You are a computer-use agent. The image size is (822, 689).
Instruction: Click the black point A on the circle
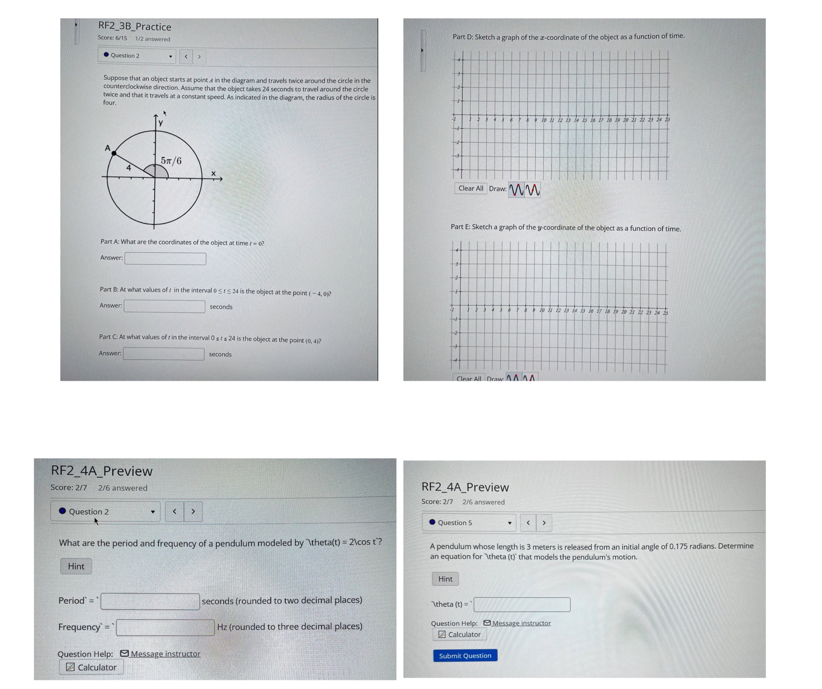(x=114, y=153)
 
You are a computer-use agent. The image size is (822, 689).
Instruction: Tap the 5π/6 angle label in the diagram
(x=171, y=161)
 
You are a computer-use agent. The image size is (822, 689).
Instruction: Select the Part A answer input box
(x=165, y=258)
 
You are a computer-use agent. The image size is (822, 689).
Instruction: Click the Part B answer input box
(x=164, y=306)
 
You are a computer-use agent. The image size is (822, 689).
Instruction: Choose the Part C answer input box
(x=164, y=354)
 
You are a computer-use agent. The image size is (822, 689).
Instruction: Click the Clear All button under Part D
(x=471, y=188)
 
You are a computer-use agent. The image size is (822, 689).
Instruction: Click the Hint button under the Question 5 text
(x=445, y=579)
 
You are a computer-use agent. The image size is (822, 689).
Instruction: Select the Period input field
(x=150, y=601)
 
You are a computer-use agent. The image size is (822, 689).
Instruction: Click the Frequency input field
(x=165, y=627)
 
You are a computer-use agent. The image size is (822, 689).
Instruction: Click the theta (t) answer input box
(x=522, y=604)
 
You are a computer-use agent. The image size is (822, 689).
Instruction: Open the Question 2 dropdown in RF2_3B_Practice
(x=137, y=56)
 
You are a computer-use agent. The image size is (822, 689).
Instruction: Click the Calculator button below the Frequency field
(x=91, y=667)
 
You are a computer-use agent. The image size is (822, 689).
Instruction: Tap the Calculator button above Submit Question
(x=459, y=634)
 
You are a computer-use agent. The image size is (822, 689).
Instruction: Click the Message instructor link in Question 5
(x=521, y=623)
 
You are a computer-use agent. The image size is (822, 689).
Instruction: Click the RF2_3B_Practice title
(x=135, y=27)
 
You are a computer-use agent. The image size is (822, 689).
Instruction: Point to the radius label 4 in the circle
(x=128, y=168)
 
